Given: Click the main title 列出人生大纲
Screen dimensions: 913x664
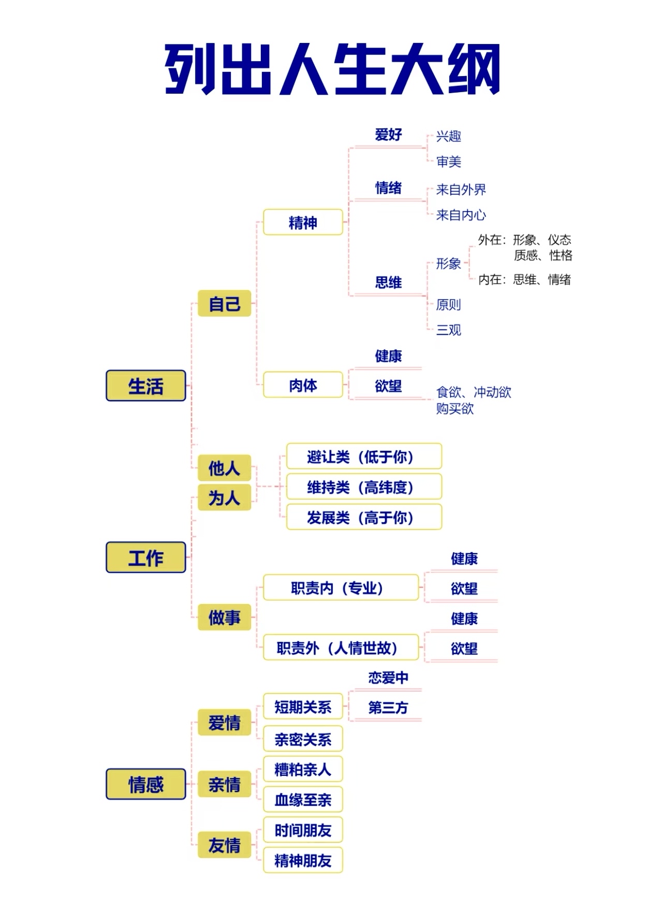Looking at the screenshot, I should tap(332, 69).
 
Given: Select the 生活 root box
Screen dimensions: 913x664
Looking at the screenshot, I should tap(145, 386).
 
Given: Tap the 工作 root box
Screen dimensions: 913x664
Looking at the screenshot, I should tap(145, 557).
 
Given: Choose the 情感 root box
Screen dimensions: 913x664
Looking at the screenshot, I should tap(145, 784).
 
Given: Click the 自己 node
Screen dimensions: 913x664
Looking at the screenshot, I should tap(224, 303).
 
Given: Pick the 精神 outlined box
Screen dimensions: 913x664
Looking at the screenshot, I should tap(303, 223).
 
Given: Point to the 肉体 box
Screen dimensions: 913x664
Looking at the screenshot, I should tap(303, 385).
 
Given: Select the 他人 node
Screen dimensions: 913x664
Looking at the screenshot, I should tap(224, 468).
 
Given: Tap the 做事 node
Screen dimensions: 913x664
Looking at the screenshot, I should tap(224, 617).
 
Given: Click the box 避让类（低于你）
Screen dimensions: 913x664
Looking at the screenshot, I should tap(364, 456).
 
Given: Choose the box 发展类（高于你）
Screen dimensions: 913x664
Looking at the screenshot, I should tap(364, 517).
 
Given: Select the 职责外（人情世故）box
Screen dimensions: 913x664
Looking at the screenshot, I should tap(341, 647).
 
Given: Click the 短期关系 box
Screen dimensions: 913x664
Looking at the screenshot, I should tap(303, 706).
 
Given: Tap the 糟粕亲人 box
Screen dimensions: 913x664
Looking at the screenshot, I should tap(303, 769).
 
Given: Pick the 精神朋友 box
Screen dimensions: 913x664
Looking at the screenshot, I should tap(303, 860).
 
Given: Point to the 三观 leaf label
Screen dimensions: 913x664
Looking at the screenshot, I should tap(448, 330).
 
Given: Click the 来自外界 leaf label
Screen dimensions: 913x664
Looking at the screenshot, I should tap(461, 189).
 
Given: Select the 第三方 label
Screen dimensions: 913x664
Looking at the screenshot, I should tap(388, 707).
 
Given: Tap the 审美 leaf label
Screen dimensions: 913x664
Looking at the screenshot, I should tap(448, 161).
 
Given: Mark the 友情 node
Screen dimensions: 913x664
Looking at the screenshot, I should tap(224, 845).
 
